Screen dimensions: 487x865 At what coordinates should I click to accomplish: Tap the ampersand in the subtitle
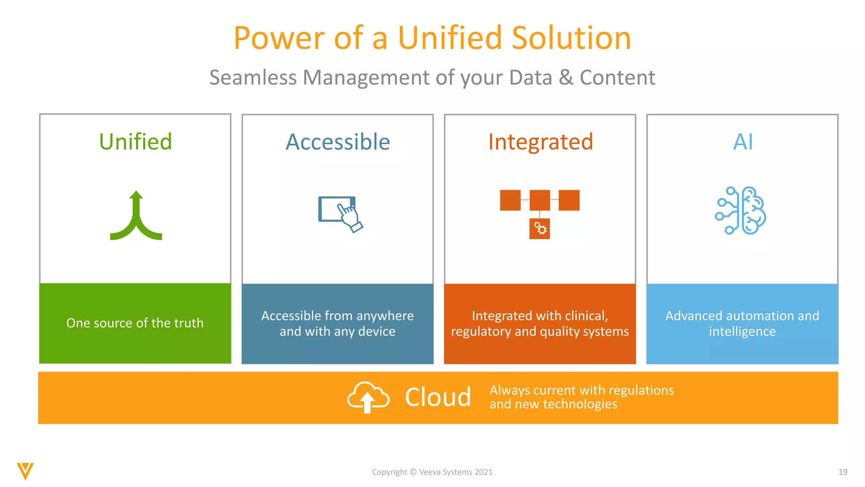pos(566,78)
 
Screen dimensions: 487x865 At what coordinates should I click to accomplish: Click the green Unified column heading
pos(136,142)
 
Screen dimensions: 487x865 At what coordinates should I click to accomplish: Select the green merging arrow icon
pos(136,216)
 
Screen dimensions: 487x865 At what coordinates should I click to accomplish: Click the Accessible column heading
pos(337,142)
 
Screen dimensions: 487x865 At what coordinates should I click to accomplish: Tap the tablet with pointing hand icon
pos(340,213)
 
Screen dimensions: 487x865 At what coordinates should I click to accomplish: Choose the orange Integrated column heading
pos(540,142)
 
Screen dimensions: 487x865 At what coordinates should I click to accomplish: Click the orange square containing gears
pos(539,229)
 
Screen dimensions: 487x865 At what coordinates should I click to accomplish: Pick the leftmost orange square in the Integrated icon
pos(510,200)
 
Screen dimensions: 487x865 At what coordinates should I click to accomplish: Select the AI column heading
pos(743,142)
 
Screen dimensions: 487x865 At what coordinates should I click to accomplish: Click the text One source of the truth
pos(135,323)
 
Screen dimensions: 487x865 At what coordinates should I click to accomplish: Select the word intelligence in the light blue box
pos(742,332)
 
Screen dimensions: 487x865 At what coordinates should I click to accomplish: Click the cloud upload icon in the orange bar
pos(368,397)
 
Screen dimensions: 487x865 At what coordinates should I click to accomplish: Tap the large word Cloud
pos(438,397)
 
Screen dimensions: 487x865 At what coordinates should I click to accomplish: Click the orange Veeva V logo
pos(25,471)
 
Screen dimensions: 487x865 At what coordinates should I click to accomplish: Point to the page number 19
pos(843,472)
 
